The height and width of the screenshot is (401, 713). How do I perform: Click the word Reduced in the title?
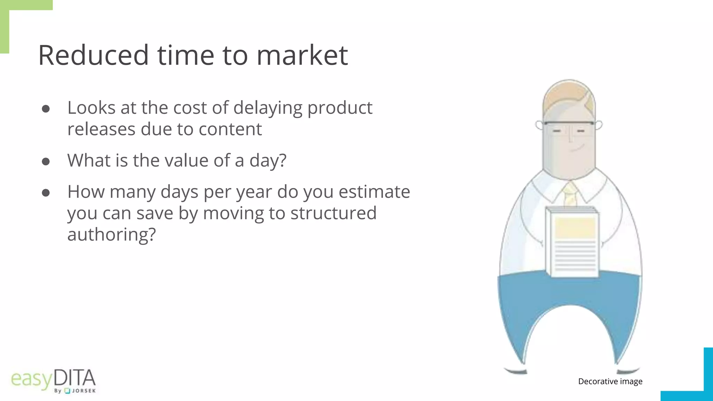93,55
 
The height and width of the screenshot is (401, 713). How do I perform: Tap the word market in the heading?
302,55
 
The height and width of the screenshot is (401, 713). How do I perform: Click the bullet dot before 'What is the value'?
46,162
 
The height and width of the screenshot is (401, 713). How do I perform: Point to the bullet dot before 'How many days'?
46,193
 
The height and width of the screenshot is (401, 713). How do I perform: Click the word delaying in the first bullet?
268,108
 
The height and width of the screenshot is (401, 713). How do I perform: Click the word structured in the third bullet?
333,213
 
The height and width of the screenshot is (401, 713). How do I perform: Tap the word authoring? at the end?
111,235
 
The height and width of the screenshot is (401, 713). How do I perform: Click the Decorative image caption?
610,382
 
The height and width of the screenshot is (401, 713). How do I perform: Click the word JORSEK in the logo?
84,391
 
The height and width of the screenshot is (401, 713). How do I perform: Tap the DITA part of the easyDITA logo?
75,379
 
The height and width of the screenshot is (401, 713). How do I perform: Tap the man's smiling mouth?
577,149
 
